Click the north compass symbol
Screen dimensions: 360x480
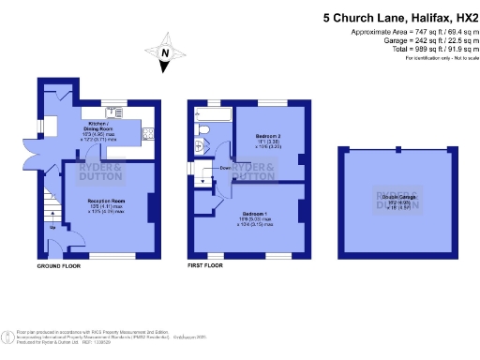click(x=164, y=55)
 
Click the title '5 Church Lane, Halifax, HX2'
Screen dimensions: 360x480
click(x=399, y=17)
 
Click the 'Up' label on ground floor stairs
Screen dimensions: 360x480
click(x=52, y=228)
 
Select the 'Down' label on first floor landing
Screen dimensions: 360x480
click(x=225, y=169)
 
